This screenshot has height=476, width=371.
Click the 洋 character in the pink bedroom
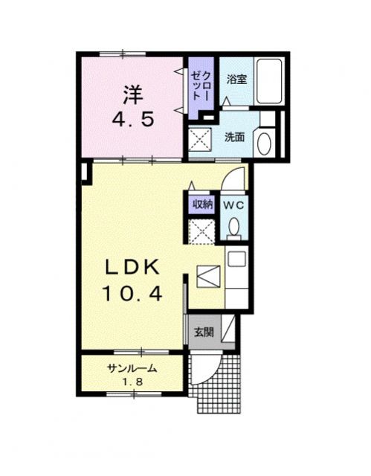(x=132, y=94)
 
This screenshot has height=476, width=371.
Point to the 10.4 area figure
(x=133, y=294)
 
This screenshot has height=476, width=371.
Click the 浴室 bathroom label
(x=236, y=77)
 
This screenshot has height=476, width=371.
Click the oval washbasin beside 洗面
(x=263, y=141)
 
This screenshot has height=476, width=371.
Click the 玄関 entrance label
(x=204, y=332)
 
